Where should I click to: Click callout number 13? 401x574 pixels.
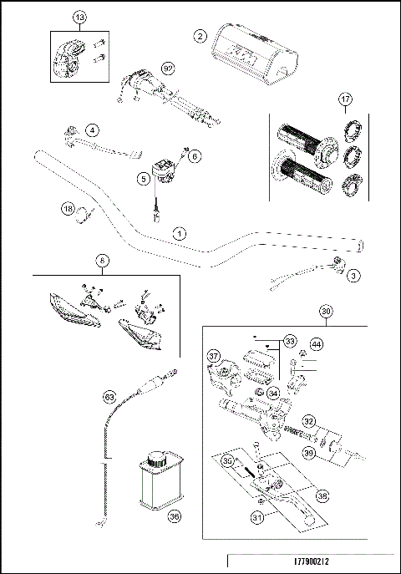(79, 18)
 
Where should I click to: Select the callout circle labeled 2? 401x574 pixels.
(199, 36)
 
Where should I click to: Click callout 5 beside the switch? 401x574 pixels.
(143, 178)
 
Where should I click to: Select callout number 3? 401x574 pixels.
(353, 275)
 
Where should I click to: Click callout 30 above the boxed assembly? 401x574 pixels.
(327, 310)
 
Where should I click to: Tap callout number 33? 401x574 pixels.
(289, 342)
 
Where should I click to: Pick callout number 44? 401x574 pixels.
(316, 343)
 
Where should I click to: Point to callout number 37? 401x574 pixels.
(213, 357)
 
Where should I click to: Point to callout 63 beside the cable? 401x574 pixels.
(109, 397)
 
